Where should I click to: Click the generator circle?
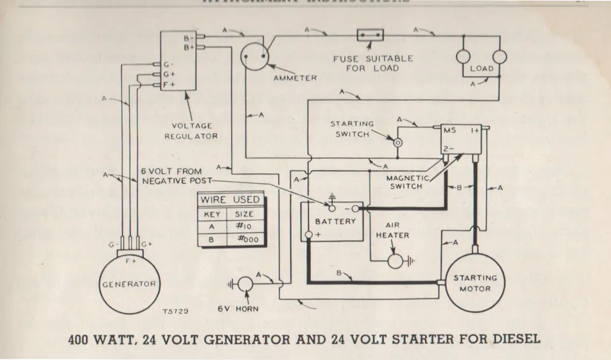click(x=129, y=284)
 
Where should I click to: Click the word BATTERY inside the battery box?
click(x=335, y=221)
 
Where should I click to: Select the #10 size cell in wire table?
click(x=243, y=226)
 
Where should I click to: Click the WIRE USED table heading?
click(x=230, y=199)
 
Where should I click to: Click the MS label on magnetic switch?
click(x=449, y=130)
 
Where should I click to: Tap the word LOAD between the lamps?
click(x=482, y=69)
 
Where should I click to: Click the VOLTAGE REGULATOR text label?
click(x=192, y=131)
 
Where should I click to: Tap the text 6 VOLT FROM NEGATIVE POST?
click(x=174, y=176)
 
